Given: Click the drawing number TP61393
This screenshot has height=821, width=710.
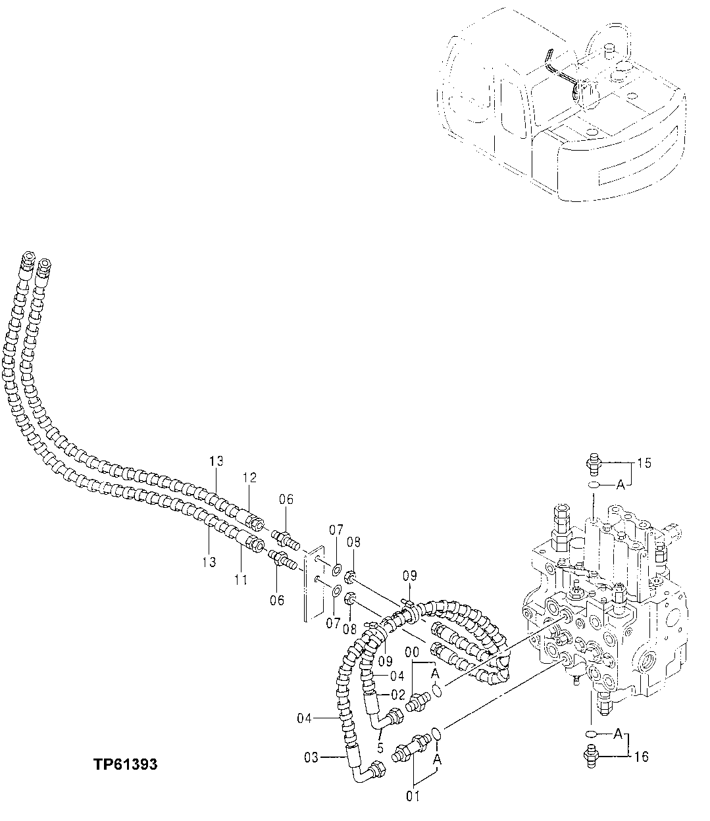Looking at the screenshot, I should [125, 765].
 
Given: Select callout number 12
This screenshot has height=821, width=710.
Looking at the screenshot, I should [249, 476].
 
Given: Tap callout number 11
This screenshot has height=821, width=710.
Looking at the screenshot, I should [241, 580].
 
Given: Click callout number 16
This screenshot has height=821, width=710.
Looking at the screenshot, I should [642, 757].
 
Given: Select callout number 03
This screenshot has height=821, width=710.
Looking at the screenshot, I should [311, 758].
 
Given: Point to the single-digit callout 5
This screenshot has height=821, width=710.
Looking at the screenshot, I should [380, 747].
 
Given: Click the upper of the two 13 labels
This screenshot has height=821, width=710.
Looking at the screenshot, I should [217, 461].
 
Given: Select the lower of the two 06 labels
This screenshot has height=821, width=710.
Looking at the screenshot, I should [277, 599].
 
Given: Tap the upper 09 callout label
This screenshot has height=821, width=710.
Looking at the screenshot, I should [410, 576].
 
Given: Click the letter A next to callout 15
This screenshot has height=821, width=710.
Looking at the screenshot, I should [619, 485].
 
